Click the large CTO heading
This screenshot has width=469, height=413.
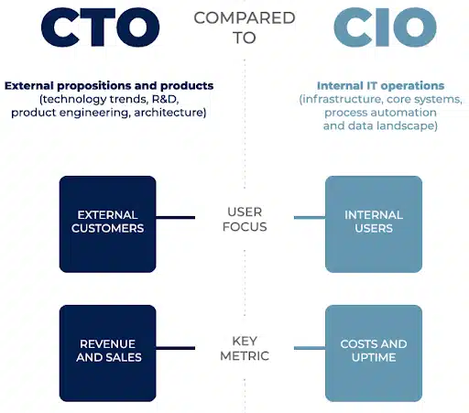click(x=100, y=27)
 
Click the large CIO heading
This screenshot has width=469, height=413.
click(x=385, y=27)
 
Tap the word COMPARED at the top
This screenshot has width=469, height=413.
click(x=245, y=17)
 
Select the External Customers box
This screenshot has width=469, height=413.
click(x=108, y=224)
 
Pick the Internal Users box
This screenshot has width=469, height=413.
click(x=374, y=224)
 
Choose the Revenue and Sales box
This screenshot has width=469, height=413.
click(x=108, y=353)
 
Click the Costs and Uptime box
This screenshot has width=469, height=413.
click(x=374, y=353)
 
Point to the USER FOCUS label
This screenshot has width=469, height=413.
click(x=245, y=219)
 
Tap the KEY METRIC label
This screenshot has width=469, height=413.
click(x=245, y=348)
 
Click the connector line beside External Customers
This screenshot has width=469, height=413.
click(x=176, y=217)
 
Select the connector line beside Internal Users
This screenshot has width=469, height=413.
click(x=310, y=217)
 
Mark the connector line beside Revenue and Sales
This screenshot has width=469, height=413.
click(x=176, y=348)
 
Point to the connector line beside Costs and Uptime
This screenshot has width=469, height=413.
click(x=310, y=348)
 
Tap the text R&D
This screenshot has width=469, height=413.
click(x=165, y=99)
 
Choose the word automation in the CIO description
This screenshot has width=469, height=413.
click(x=409, y=113)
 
